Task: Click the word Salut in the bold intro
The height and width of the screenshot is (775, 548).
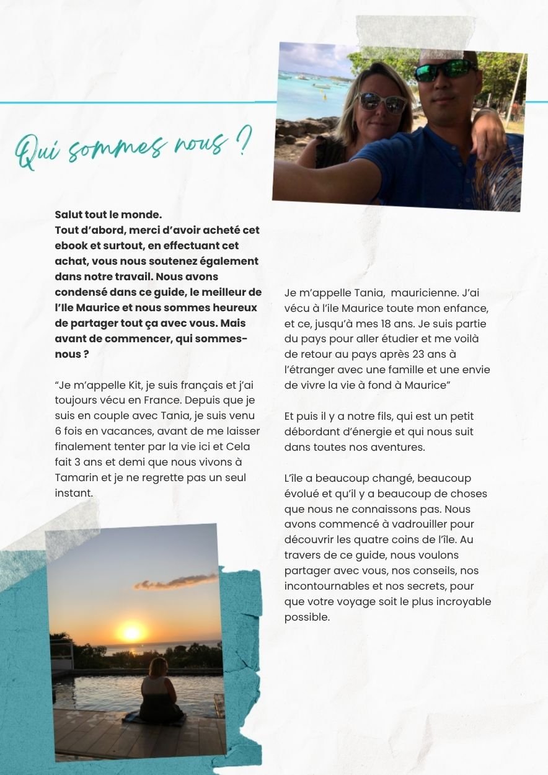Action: coord(69,215)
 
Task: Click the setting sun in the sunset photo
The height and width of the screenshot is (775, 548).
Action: coord(131,632)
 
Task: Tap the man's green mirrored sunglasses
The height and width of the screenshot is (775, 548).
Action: coord(445,70)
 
